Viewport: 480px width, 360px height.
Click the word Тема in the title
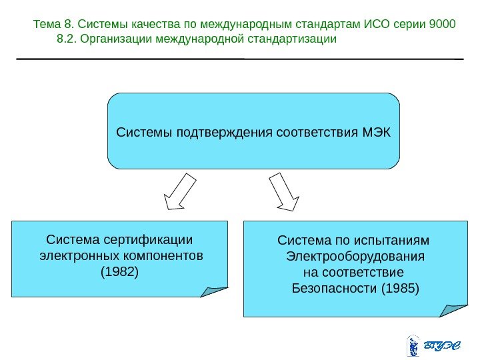[x=45, y=25]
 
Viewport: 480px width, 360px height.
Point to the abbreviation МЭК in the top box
[x=377, y=131]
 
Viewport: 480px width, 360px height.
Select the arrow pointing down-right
[x=285, y=192]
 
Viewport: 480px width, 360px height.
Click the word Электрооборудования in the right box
[x=354, y=257]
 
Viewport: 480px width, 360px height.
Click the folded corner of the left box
[x=215, y=291]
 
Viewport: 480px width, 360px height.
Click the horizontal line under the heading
[x=240, y=59]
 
